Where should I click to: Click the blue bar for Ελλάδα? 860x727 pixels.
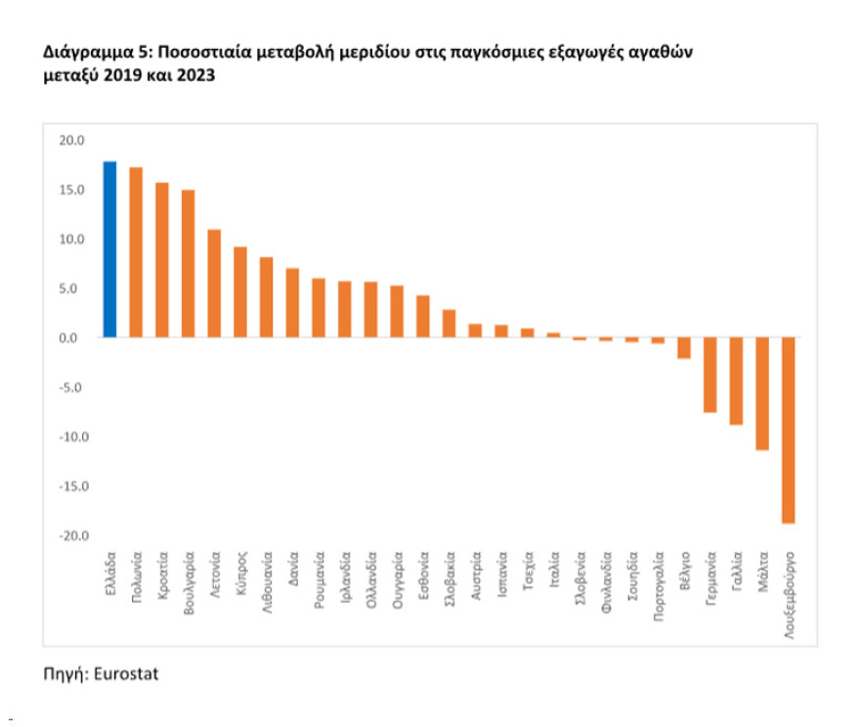point(109,249)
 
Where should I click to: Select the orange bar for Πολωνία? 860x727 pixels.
point(136,252)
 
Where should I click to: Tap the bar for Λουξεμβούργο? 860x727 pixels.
point(788,430)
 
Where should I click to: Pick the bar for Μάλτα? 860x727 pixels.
point(762,394)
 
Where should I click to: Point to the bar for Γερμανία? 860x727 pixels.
point(709,375)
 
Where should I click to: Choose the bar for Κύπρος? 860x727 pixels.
point(239,292)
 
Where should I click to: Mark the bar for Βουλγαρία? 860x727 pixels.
point(188,264)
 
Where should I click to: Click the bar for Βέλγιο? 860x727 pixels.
point(684,348)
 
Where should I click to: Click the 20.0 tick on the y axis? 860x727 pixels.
point(72,141)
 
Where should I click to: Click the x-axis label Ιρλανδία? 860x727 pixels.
point(345,582)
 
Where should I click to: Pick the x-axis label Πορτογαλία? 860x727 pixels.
point(658,590)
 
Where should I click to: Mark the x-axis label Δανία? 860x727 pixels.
point(293,575)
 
